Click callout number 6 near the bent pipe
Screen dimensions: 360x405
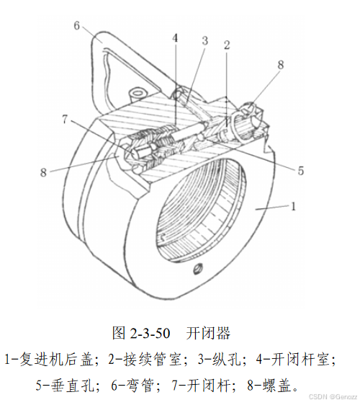click(77, 25)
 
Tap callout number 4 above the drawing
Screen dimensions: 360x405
click(175, 38)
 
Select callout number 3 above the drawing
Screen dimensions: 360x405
click(204, 41)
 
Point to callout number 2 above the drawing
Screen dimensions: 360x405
click(227, 45)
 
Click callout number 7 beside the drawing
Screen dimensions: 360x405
click(65, 120)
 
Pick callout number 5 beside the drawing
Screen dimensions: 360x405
click(301, 171)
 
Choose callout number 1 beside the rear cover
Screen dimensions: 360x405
click(293, 206)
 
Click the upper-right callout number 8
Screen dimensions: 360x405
click(281, 65)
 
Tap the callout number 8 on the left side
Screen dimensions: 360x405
click(43, 172)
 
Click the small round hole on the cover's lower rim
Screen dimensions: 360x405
click(199, 269)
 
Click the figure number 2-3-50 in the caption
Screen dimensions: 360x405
click(150, 333)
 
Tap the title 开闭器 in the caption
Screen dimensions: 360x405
click(208, 333)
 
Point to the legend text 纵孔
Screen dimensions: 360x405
click(226, 359)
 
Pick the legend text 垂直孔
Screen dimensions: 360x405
click(72, 386)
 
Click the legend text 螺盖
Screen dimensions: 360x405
click(277, 386)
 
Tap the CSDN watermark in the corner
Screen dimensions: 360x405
click(333, 397)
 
